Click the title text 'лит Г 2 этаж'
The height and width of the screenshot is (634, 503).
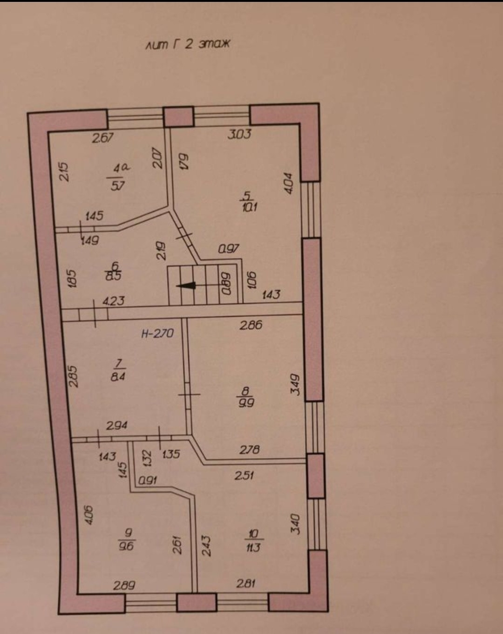(188, 45)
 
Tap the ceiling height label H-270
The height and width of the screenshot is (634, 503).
(157, 334)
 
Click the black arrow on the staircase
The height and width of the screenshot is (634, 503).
(186, 286)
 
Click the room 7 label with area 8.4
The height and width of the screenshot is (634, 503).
(118, 370)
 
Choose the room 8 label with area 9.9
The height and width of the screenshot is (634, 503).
(246, 397)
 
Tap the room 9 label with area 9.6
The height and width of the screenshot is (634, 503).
(127, 539)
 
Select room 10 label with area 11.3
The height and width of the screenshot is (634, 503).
(253, 540)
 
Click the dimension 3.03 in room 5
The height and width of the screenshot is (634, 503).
(239, 134)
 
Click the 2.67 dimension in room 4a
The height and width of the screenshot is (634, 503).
(102, 137)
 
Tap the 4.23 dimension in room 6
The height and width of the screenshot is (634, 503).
(114, 301)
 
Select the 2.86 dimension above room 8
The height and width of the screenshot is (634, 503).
(251, 325)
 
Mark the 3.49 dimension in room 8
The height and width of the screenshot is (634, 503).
(295, 385)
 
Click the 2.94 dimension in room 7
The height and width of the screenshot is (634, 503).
(117, 425)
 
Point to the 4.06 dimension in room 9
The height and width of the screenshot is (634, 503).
(88, 515)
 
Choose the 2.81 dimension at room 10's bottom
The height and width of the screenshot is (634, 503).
(245, 583)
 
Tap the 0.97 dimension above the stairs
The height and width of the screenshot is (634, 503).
(229, 249)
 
